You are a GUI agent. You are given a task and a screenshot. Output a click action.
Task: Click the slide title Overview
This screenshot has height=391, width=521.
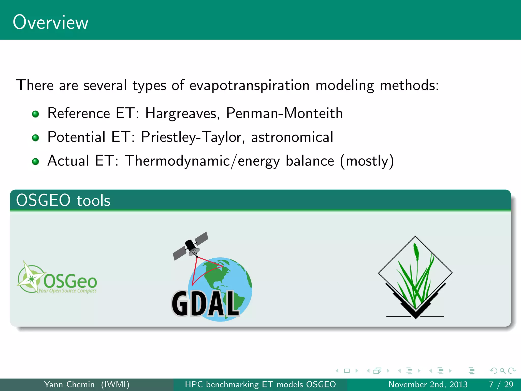tap(50, 22)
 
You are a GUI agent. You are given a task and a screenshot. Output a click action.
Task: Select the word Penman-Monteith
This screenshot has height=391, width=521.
tap(284, 113)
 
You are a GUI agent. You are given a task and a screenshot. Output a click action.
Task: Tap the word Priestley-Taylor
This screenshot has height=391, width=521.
tap(191, 137)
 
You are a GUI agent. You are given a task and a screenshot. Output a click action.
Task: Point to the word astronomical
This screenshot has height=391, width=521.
tap(292, 137)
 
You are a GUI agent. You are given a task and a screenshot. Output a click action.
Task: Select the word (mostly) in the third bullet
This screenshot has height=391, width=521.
tap(367, 161)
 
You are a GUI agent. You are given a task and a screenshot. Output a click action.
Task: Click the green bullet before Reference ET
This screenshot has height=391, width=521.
tap(36, 114)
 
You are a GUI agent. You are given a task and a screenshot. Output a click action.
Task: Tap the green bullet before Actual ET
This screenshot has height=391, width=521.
tap(36, 161)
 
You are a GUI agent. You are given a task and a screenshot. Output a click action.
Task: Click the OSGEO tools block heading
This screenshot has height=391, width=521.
tap(63, 200)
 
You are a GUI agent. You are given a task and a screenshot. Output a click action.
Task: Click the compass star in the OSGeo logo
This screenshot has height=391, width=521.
tap(31, 279)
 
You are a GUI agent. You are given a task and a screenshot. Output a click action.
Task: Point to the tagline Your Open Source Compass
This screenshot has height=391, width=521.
tap(67, 291)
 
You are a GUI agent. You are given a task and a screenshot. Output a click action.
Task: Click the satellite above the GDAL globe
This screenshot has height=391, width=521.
tap(191, 246)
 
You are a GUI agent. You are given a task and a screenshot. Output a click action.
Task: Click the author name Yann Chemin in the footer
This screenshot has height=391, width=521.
tap(69, 384)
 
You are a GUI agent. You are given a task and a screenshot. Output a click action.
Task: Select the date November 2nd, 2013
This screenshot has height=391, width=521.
tap(428, 384)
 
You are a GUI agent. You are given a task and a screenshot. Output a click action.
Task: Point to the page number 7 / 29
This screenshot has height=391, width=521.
tap(501, 384)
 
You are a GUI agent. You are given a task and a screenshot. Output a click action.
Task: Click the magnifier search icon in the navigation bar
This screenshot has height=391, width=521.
tap(502, 371)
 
